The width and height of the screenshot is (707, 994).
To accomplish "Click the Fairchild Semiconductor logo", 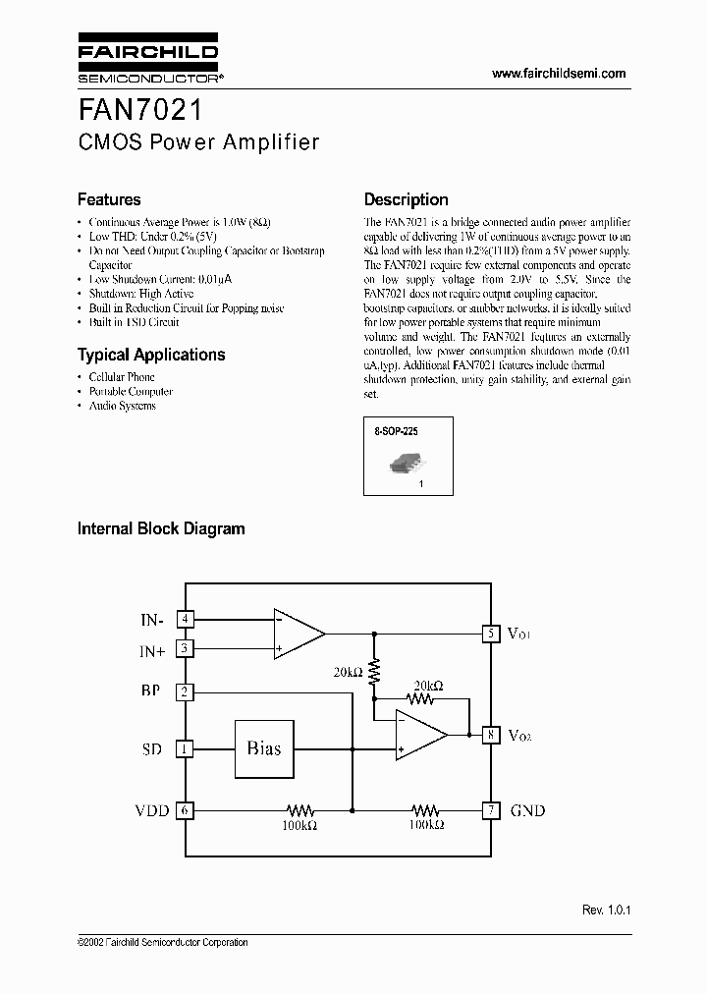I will click(x=147, y=61).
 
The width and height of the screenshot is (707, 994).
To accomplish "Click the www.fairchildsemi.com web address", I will click(x=558, y=74).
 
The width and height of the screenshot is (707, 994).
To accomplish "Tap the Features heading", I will click(x=109, y=199).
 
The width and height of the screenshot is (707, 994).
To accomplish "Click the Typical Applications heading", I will click(x=151, y=355).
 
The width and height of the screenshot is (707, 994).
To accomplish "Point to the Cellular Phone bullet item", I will click(x=122, y=377).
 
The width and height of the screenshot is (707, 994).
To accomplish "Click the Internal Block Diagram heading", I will click(x=161, y=528).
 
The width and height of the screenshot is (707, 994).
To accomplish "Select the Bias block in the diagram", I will click(x=263, y=748).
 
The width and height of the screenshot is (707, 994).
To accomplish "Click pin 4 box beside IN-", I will click(x=185, y=619).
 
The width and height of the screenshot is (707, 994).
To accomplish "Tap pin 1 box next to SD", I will click(x=185, y=748).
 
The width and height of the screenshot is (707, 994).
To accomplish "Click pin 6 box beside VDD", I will click(x=185, y=810).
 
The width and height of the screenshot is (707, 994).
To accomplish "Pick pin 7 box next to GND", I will click(x=488, y=810).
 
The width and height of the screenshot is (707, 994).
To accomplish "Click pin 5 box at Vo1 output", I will click(x=488, y=634).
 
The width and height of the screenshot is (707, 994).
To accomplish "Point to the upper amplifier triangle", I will click(x=298, y=634).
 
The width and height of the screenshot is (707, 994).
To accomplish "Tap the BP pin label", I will click(x=151, y=691).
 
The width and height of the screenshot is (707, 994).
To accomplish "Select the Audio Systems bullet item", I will click(x=122, y=406).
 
